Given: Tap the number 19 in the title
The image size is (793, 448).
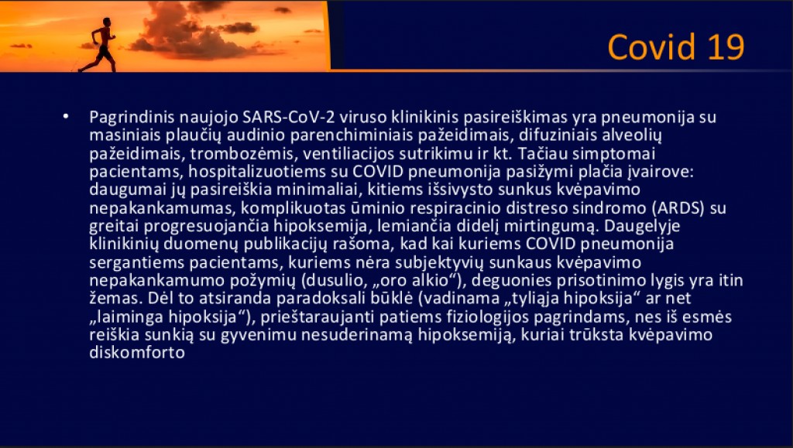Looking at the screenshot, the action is pos(726,47).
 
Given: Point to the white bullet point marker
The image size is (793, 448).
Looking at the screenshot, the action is pos(66,117).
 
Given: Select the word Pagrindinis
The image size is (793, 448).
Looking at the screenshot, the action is pos(132,117).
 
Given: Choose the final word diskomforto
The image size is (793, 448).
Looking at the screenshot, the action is pos(137,353).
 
